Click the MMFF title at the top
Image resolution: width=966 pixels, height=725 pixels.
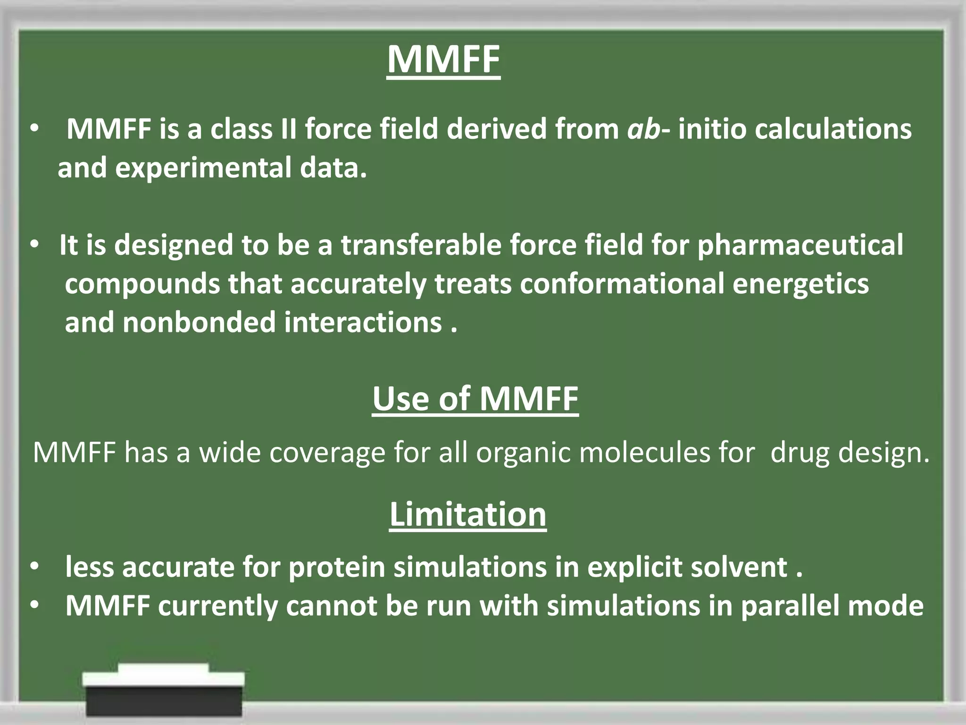(443, 60)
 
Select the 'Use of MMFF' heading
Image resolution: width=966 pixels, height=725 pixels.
(475, 399)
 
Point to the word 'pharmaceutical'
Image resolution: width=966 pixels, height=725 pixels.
(800, 245)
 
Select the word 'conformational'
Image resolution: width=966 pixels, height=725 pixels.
(622, 284)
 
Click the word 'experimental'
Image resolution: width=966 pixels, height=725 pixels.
(203, 168)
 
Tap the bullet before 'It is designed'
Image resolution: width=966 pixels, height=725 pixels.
(34, 245)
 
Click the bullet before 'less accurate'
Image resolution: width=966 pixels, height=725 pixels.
(34, 567)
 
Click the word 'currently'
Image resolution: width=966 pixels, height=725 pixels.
(218, 606)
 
